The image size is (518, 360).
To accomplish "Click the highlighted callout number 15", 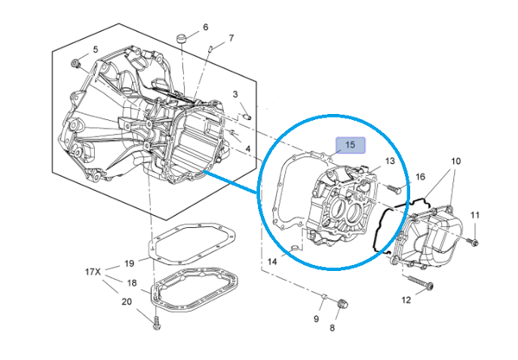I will pos(351,145).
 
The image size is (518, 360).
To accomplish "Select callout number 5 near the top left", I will pos(95,49).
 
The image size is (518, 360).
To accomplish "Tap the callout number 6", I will pos(205,27).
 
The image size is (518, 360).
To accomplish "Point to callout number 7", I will pos(231,39).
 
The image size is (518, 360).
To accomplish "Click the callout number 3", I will pos(235,94).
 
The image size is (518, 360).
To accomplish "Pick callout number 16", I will pos(420,177).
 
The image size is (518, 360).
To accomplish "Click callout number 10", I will pos(456,161).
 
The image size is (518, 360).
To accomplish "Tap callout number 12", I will pos(406,300).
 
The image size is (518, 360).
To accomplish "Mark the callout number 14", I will pos(272,260).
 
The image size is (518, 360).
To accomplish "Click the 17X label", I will pos(92,272).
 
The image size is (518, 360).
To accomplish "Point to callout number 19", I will pos(129,262).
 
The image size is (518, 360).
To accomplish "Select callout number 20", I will pos(127,301).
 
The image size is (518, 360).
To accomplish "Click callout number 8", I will pos(332,328).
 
